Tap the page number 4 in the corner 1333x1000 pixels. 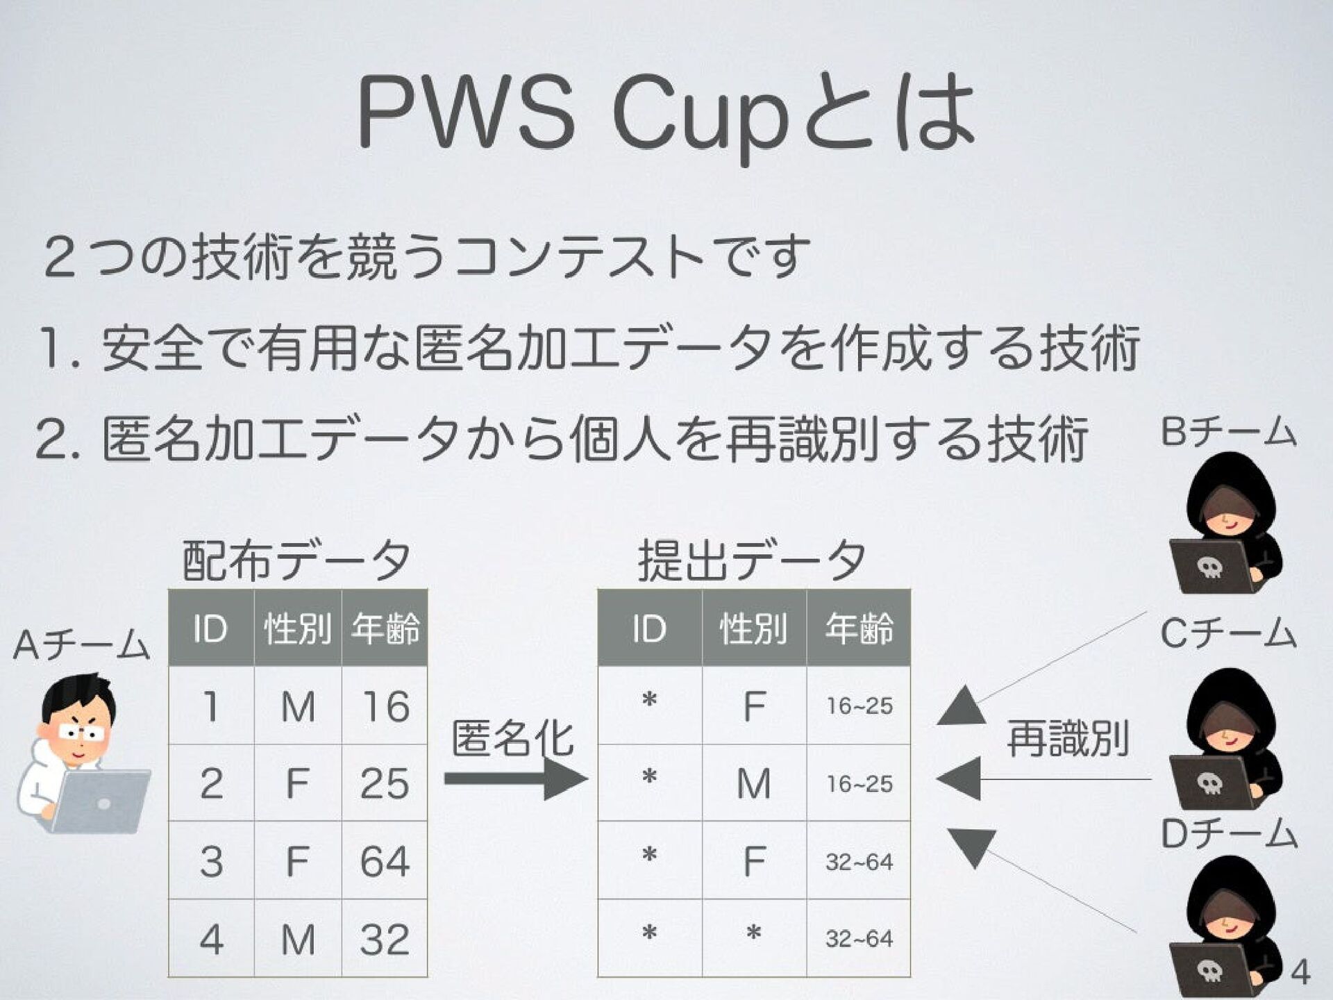(1300, 972)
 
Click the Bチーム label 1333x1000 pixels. (1228, 431)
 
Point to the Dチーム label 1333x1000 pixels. (1228, 834)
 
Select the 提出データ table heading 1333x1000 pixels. (752, 560)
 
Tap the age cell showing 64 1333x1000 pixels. (384, 861)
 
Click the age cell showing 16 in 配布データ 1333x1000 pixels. (384, 707)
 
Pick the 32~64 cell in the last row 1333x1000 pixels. (859, 939)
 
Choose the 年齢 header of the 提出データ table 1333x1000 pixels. (859, 628)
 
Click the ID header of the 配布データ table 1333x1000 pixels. (210, 628)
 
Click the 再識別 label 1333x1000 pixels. (1067, 739)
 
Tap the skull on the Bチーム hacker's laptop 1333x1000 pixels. (1209, 568)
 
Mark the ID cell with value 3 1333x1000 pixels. (211, 861)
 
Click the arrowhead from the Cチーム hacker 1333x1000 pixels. (959, 778)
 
